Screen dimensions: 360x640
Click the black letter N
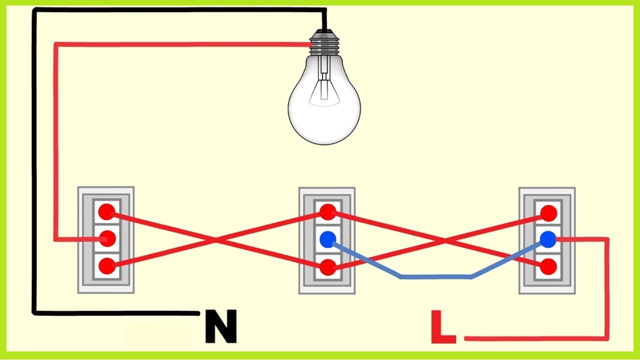point(220,327)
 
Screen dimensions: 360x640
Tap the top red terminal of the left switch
point(105,212)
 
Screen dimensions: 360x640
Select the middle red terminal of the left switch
point(105,239)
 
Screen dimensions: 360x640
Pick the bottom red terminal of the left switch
point(105,266)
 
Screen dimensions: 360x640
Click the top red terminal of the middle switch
point(327,212)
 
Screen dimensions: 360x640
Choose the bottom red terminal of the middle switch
point(327,267)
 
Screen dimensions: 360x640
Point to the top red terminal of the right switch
point(548,213)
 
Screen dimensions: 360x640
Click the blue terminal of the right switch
point(548,239)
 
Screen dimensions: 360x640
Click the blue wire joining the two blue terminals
point(435,276)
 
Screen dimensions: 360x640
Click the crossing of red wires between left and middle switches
point(216,239)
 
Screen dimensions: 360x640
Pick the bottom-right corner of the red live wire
point(607,338)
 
